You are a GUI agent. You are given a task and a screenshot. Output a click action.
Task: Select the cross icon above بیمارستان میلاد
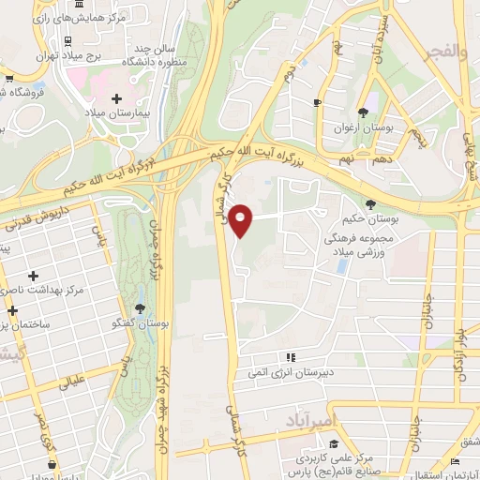pos(117,97)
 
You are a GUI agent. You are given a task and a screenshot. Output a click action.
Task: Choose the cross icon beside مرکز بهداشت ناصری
pos(34,276)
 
